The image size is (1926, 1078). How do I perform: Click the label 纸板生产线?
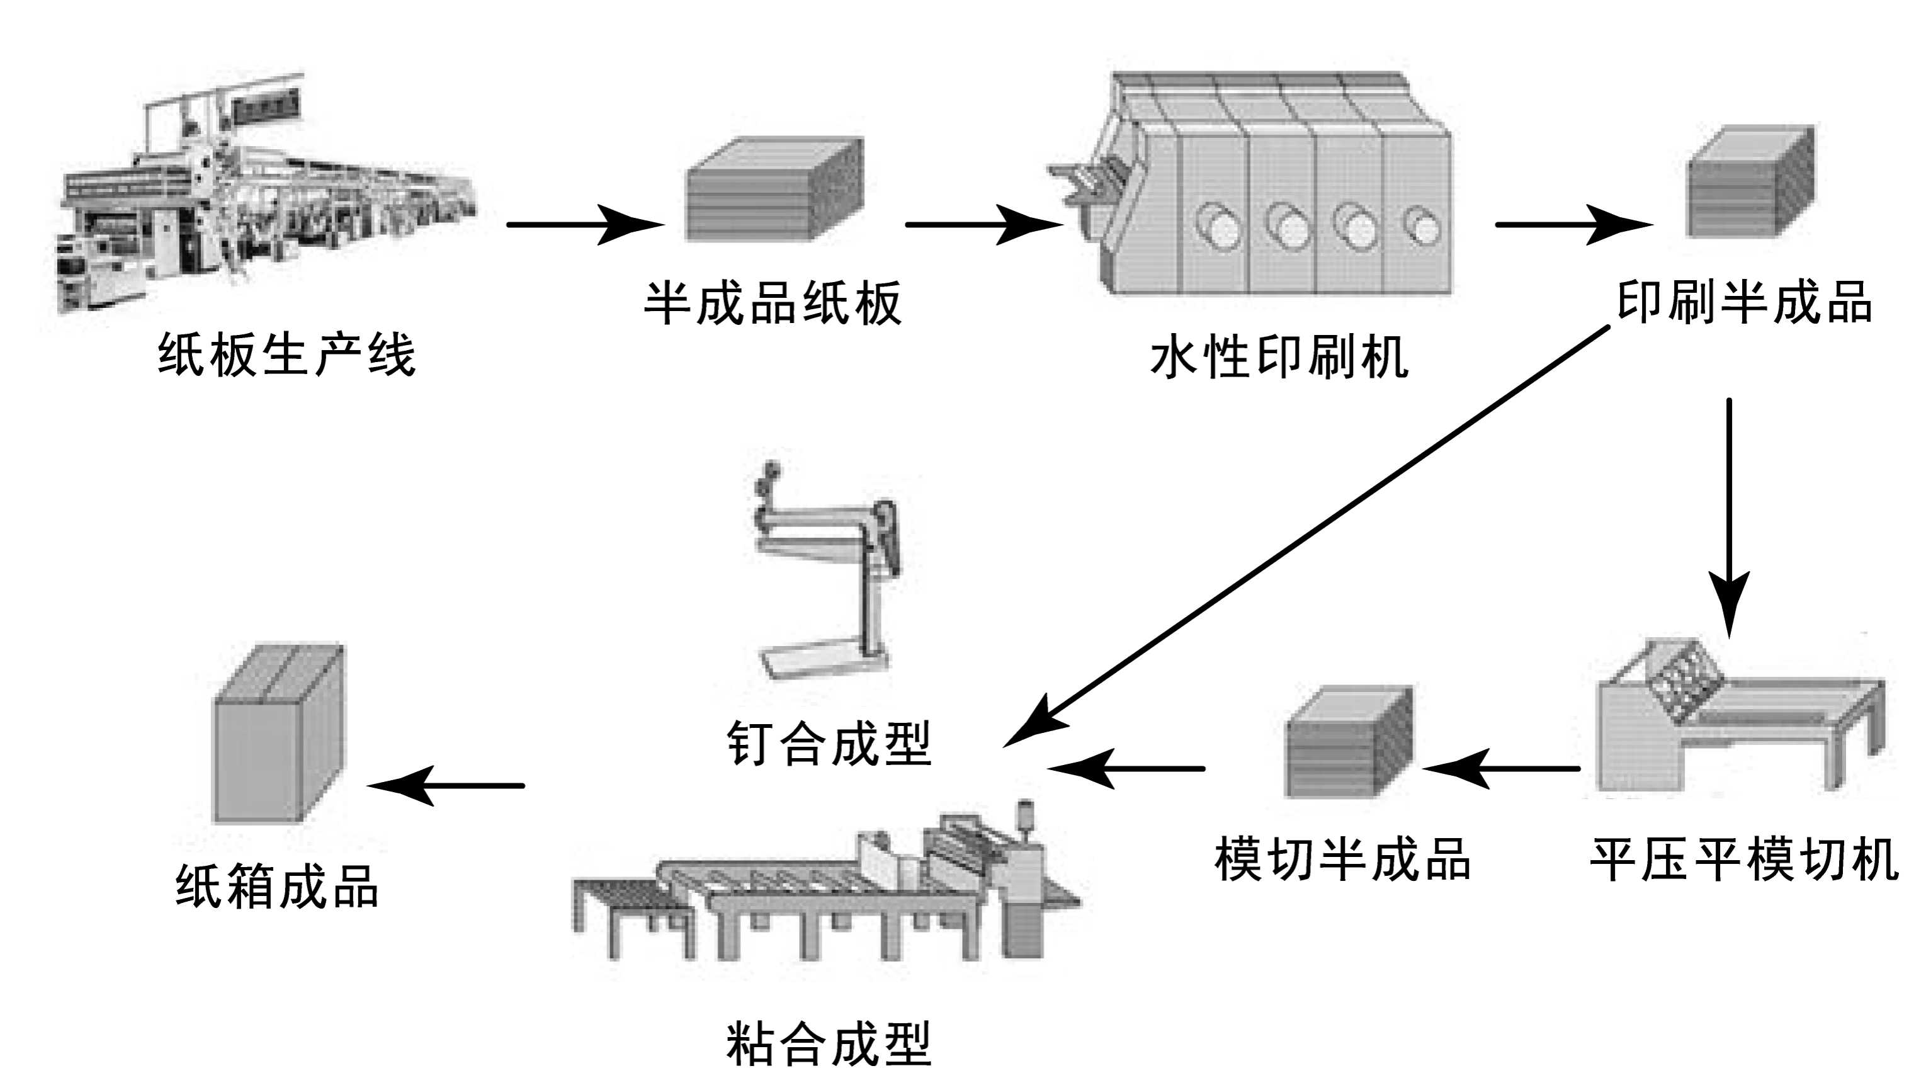[x=286, y=355]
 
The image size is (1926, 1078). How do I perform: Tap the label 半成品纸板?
[x=773, y=303]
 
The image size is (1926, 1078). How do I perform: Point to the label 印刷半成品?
[x=1744, y=302]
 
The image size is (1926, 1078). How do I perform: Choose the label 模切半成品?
[x=1343, y=860]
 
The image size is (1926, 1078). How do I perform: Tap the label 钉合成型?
[x=829, y=744]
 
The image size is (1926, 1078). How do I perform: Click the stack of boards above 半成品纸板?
[x=775, y=189]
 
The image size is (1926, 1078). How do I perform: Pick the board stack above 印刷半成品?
[x=1751, y=181]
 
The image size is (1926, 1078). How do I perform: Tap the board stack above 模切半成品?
[x=1349, y=742]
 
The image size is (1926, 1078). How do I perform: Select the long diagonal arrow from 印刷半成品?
[x=1306, y=536]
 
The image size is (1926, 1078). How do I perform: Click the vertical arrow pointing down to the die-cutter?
[x=1730, y=518]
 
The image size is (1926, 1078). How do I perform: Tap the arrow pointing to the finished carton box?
[x=446, y=786]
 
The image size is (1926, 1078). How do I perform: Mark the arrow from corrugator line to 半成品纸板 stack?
[x=586, y=224]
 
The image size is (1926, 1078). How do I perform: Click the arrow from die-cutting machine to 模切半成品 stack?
[x=1501, y=768]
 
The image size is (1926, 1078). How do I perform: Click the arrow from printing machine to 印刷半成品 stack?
[x=1574, y=224]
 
